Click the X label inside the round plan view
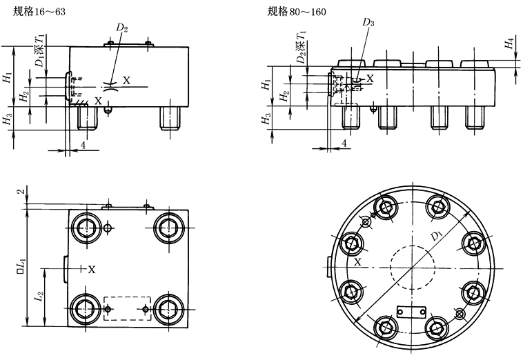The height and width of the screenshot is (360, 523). (357, 263)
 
